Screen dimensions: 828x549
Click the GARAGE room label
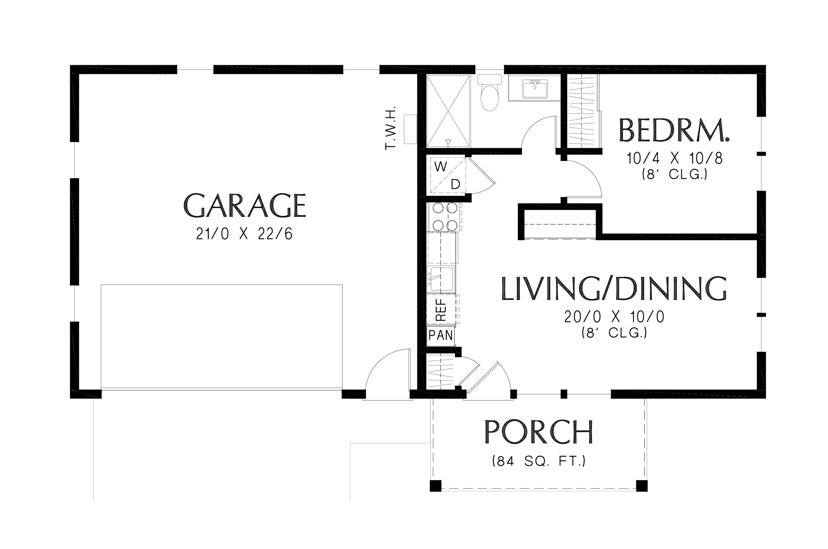click(244, 206)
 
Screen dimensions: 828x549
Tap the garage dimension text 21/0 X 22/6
click(244, 234)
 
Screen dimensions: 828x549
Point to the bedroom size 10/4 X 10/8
click(674, 159)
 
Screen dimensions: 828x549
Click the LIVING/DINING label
click(614, 289)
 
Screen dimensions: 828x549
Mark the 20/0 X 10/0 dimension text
click(614, 317)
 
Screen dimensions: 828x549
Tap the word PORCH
click(538, 432)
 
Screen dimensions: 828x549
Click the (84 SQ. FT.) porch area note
click(538, 461)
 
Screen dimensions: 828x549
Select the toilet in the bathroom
click(489, 93)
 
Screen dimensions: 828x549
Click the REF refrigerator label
click(441, 309)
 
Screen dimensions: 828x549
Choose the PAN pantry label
click(440, 335)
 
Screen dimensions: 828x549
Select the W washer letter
click(440, 167)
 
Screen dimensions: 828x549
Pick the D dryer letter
click(455, 184)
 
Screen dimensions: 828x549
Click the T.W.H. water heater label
click(390, 128)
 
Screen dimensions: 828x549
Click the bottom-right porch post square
click(641, 486)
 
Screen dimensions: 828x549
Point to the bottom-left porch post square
click(436, 486)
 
